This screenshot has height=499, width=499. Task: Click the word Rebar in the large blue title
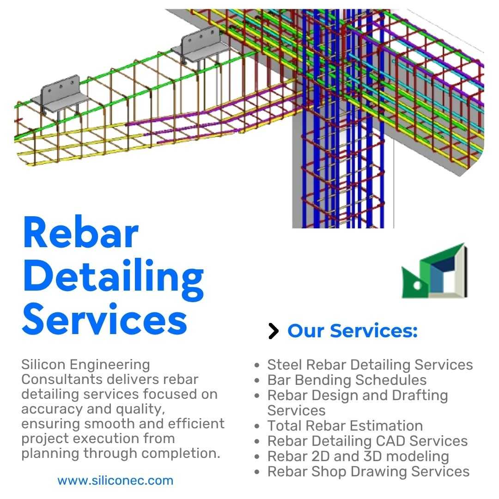tap(80, 234)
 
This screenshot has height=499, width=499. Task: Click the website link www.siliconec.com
tap(115, 481)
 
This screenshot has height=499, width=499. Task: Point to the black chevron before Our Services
tap(274, 331)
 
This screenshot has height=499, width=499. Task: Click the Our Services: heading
tap(352, 331)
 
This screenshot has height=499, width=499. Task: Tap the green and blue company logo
tap(433, 272)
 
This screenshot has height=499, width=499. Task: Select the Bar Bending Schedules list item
tap(347, 380)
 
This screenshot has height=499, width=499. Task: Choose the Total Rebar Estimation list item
tap(345, 426)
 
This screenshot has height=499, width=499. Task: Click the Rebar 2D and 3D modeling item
tap(358, 456)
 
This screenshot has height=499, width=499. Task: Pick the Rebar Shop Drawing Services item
tap(368, 472)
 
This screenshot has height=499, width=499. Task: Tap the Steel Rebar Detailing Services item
tap(370, 365)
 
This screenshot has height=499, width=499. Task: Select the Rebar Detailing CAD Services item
tap(367, 441)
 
